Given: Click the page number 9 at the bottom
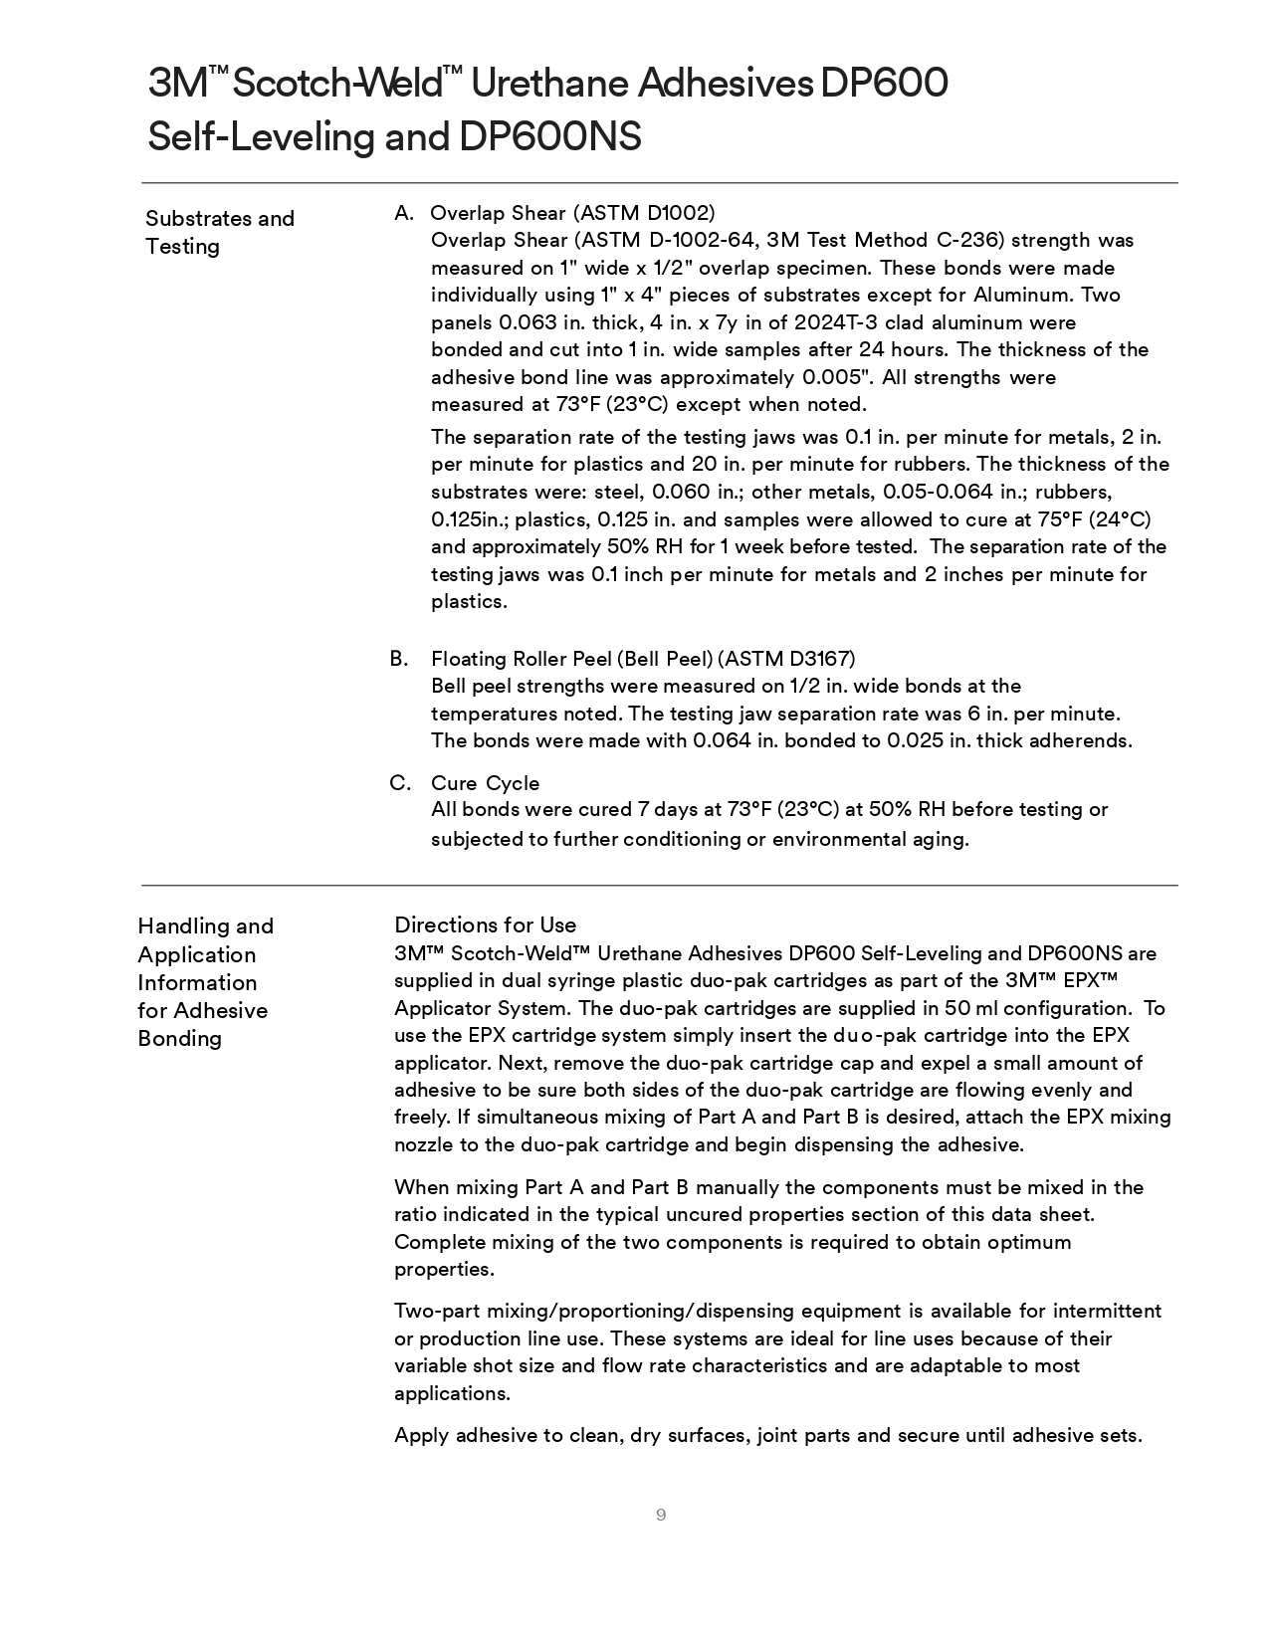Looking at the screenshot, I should click(661, 1515).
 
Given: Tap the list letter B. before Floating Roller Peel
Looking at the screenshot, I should click(399, 658).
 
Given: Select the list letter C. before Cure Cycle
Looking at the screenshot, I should click(400, 783).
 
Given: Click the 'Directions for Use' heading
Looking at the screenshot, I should click(485, 924).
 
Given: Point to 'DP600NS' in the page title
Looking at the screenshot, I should click(549, 136).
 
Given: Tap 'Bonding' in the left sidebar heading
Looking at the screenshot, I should click(179, 1038).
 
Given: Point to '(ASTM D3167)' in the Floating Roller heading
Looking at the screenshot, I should click(786, 659).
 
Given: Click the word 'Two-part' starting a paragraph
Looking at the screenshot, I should click(434, 1311).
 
